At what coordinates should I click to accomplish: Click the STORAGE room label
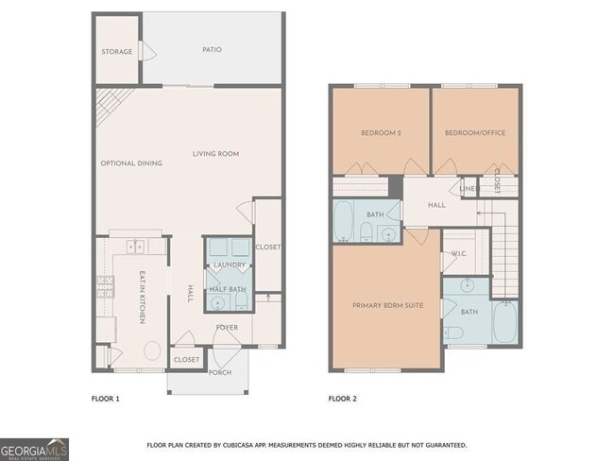pos(117,51)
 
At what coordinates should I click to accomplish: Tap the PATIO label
pos(212,49)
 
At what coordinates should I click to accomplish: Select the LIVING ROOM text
pos(215,153)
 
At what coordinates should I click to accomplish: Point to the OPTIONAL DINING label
pos(131,162)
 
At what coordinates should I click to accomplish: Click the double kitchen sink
pos(134,248)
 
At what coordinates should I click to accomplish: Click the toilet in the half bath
pos(241,301)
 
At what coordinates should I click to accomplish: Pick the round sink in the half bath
pos(218,302)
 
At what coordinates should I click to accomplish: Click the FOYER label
pos(226,328)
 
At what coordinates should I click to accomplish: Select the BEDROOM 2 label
pos(381,133)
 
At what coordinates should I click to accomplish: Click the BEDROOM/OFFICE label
pos(475,133)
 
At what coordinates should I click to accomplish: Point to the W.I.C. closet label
pos(459,253)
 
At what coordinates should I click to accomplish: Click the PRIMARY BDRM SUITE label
pos(386,305)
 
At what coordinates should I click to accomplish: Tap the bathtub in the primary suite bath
pos(506,323)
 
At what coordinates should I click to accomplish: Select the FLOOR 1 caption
pos(105,398)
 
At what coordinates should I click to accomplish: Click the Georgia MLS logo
pos(34,449)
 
